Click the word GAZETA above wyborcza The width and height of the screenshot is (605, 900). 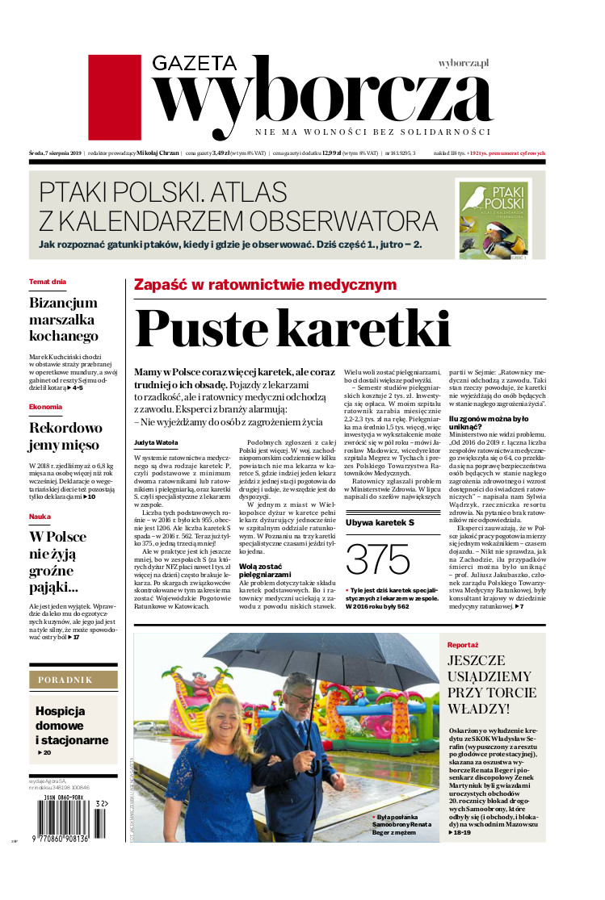(194, 64)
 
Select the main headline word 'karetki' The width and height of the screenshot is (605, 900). (378, 329)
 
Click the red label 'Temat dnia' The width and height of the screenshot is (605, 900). (48, 282)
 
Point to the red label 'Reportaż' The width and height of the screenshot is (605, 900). (464, 645)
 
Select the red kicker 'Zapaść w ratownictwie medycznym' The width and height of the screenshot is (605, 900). (265, 284)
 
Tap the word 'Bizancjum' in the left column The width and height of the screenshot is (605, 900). (63, 303)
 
